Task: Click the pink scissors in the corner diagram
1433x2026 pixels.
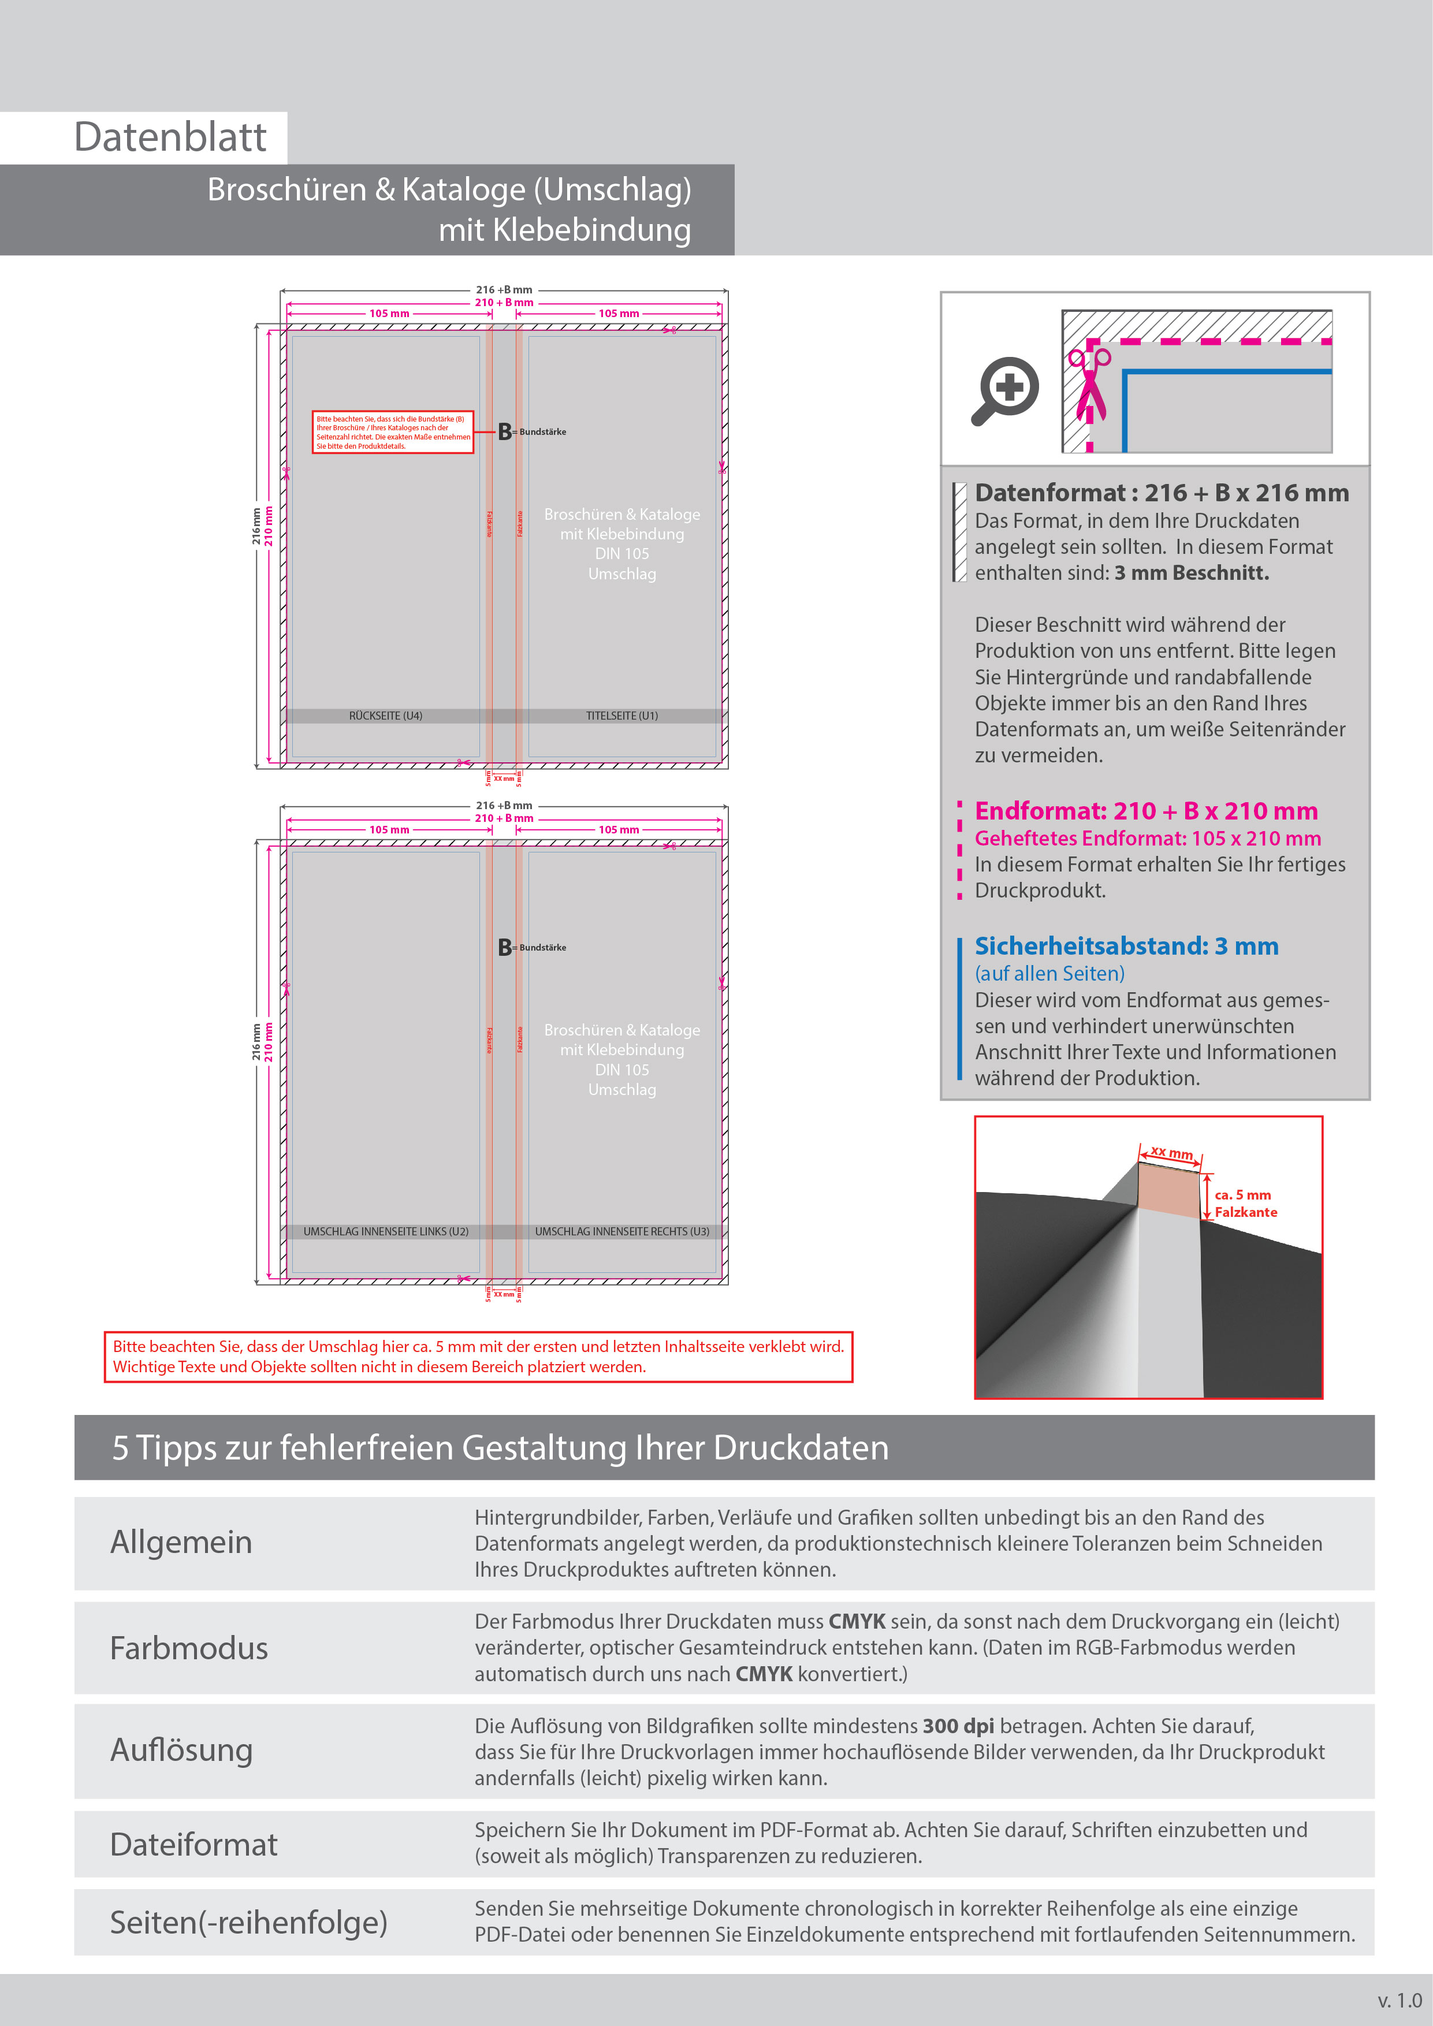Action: (1089, 385)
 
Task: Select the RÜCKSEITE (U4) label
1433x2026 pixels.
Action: (386, 716)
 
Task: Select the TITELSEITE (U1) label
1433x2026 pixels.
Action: (621, 716)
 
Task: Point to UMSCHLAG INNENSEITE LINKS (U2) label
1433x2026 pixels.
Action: (386, 1231)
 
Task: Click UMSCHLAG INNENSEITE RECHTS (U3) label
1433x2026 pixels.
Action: (621, 1231)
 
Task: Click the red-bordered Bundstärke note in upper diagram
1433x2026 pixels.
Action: (393, 433)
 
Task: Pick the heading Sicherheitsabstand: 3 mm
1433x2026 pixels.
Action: (1126, 946)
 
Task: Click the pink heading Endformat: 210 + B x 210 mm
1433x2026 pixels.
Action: (1145, 811)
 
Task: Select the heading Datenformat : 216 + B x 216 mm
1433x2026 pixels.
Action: (1161, 493)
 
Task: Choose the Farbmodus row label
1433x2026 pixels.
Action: (189, 1648)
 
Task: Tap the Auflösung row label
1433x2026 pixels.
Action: (182, 1750)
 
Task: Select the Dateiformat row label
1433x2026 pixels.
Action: (193, 1844)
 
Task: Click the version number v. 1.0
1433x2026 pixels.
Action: (1398, 2001)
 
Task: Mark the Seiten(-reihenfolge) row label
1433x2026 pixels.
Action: (249, 1922)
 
